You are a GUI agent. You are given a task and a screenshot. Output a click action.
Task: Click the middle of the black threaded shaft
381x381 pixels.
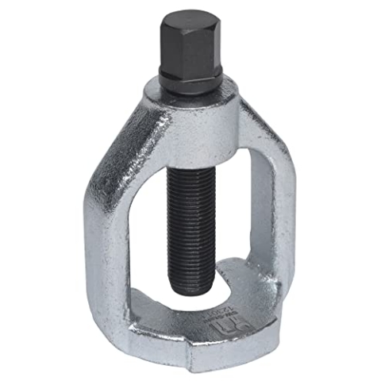[190, 214]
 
